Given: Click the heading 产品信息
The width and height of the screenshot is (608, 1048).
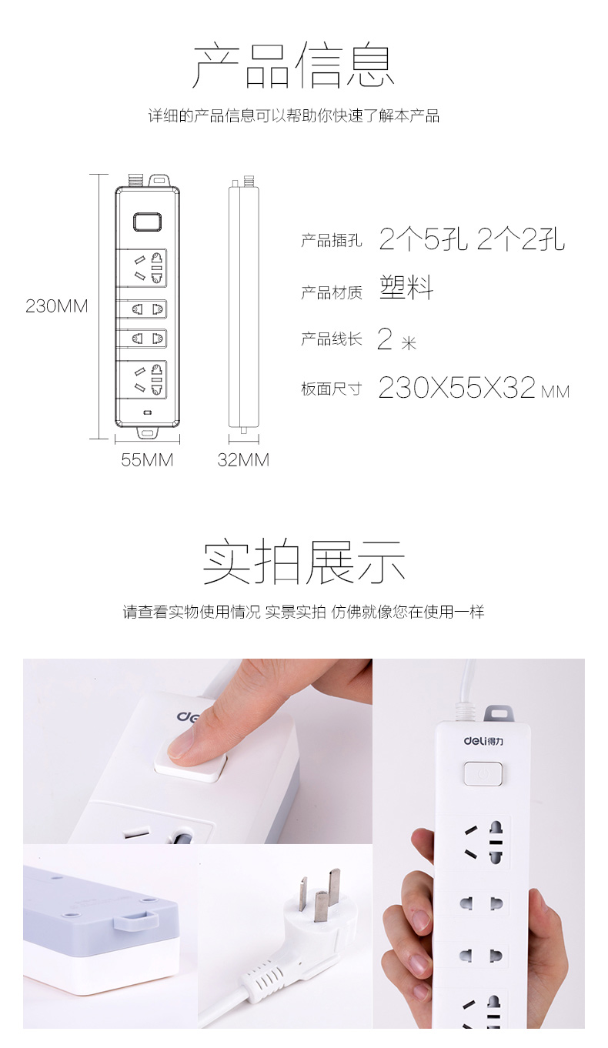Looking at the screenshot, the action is (x=293, y=65).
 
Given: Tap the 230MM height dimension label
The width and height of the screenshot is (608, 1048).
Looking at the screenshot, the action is (x=57, y=306).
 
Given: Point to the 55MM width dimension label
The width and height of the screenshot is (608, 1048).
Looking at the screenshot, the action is (x=147, y=460).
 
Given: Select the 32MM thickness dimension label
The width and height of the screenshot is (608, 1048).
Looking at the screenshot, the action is (x=243, y=460).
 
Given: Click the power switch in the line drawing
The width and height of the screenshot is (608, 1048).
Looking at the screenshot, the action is (x=148, y=222).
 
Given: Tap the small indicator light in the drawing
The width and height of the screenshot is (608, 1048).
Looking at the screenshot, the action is (x=148, y=412).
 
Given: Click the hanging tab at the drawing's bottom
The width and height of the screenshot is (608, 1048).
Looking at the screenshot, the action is (x=148, y=432).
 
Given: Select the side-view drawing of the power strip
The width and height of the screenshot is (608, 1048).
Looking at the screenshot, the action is (x=243, y=304).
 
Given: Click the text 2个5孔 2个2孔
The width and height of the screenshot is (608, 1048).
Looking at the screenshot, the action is (x=472, y=239).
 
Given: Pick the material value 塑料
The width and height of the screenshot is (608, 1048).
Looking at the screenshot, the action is (x=406, y=287).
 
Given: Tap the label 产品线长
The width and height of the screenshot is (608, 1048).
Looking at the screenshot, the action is (x=332, y=339).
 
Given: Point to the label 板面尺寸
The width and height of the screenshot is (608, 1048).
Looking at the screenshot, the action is (x=332, y=389).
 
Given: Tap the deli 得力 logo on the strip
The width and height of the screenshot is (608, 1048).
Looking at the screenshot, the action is (x=483, y=741).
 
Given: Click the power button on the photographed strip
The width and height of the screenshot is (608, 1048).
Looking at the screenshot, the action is (x=483, y=773).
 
